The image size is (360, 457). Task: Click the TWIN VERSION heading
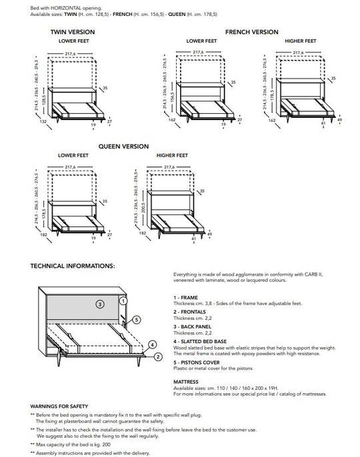tap(72, 32)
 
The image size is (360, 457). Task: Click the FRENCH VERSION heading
tap(252, 32)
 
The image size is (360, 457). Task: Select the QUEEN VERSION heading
tap(123, 146)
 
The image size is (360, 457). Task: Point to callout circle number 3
tap(99, 304)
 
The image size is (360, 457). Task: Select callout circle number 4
tap(153, 345)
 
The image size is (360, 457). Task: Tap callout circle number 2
tap(157, 356)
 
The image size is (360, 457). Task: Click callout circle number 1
tap(123, 300)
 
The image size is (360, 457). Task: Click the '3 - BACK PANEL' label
tap(193, 326)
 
